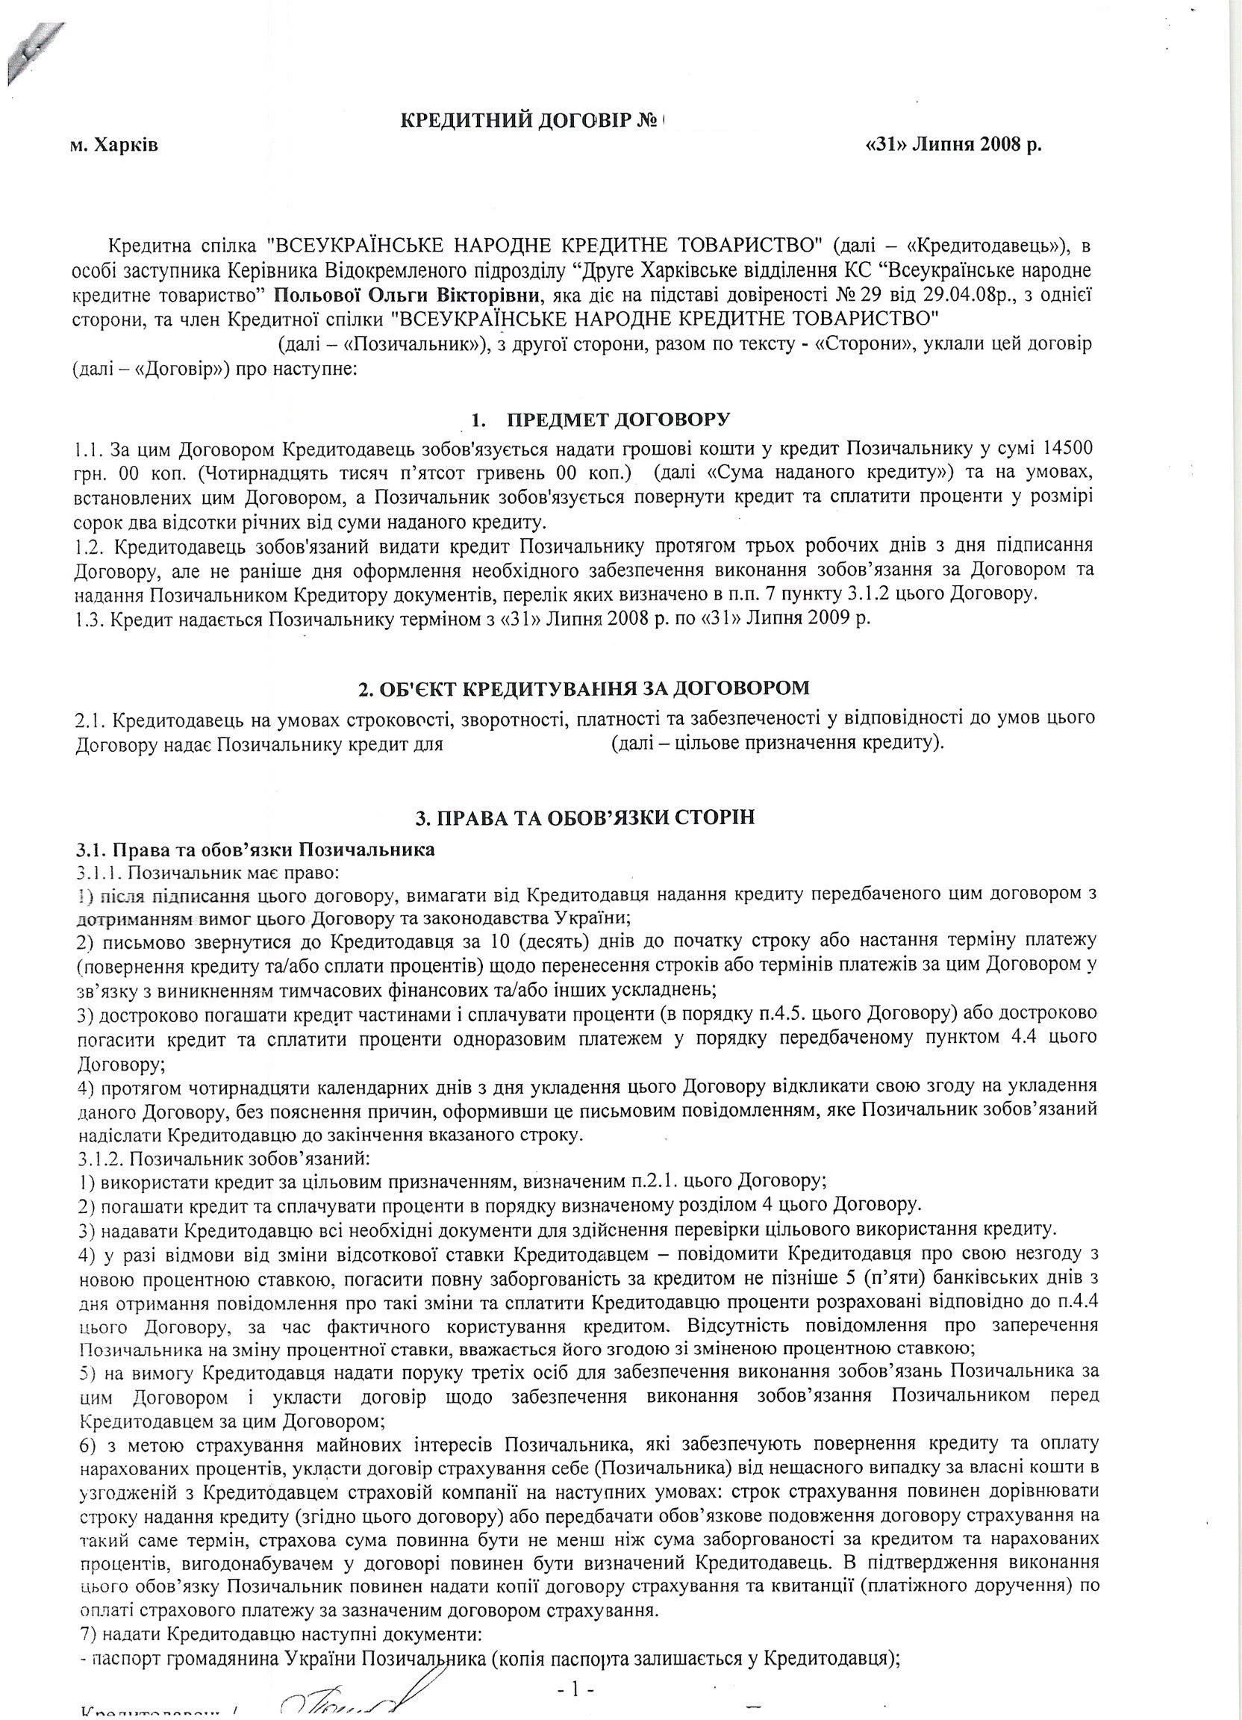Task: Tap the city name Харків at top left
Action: (x=125, y=146)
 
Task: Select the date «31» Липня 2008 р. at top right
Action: (x=953, y=146)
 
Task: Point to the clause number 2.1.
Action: (x=92, y=717)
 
